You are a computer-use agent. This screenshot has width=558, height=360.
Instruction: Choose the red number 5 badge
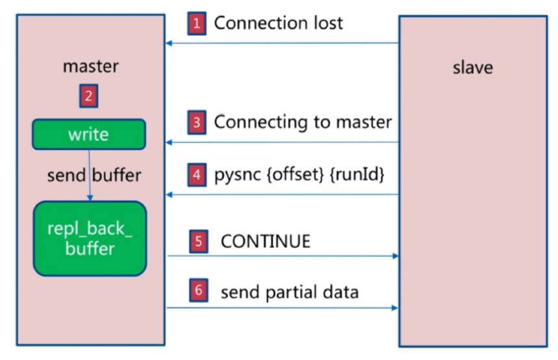198,241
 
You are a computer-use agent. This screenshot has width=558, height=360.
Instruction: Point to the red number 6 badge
198,290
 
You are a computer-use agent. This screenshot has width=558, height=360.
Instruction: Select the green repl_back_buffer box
90,238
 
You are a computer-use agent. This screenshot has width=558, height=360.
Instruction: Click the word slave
472,68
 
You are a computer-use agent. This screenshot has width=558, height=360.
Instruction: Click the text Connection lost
278,24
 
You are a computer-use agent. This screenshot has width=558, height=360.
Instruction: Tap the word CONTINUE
266,241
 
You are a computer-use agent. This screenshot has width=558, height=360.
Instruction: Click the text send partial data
289,292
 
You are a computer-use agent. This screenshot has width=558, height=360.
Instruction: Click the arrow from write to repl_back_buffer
89,174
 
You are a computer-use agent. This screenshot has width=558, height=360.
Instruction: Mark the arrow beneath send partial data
282,307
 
